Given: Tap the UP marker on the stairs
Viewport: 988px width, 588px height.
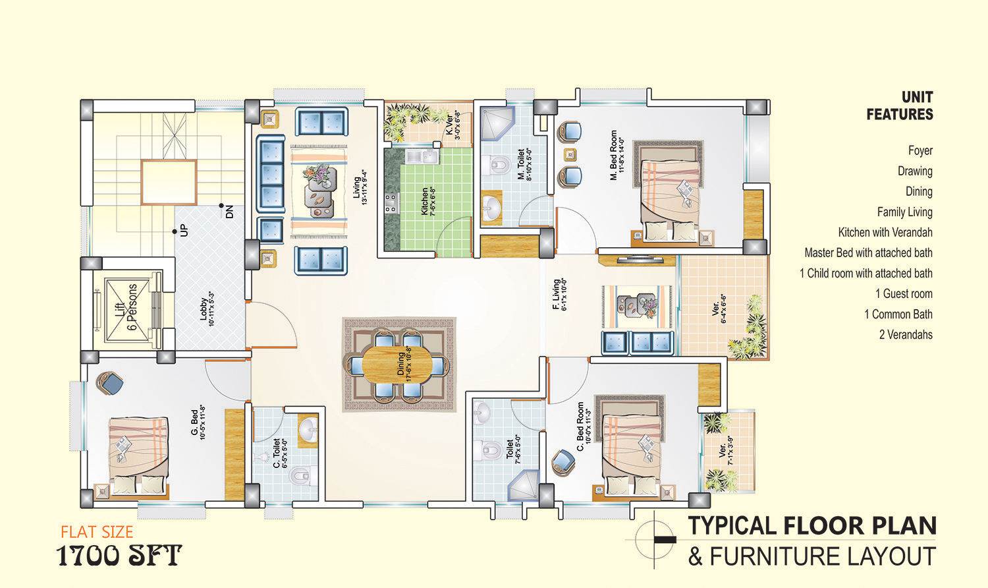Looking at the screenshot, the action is tap(184, 230).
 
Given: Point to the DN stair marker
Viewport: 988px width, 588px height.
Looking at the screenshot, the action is tap(229, 212).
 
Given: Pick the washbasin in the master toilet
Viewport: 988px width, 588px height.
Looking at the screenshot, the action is tap(491, 206).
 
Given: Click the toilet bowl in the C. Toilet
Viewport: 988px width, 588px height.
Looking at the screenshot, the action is tap(302, 475).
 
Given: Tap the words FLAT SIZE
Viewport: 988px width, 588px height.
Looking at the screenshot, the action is tap(97, 533).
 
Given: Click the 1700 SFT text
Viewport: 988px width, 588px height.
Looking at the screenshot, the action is tap(119, 555).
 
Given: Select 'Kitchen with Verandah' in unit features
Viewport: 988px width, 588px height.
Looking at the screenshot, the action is tap(885, 233).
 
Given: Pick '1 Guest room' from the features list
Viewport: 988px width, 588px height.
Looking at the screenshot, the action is tap(904, 294).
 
